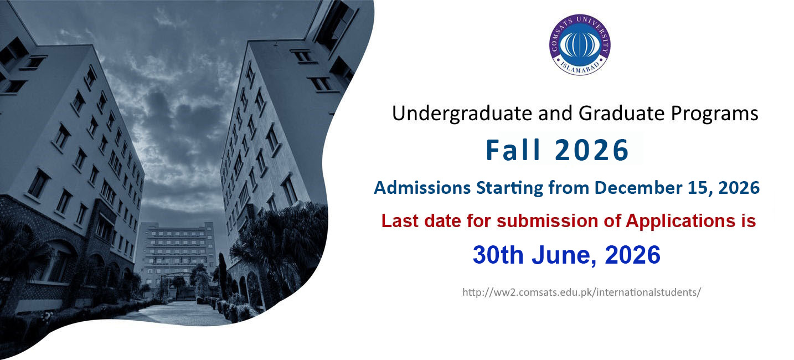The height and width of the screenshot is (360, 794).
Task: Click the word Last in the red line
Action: coord(400,221)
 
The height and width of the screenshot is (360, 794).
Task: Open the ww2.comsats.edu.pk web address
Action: coord(581,292)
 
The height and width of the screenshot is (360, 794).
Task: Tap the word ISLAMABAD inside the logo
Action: coord(580,69)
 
